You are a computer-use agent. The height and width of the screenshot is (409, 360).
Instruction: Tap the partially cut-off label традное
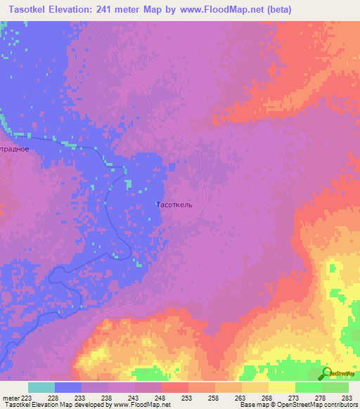[x=15, y=149]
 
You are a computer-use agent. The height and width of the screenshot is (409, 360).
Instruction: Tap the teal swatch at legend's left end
[x=41, y=387]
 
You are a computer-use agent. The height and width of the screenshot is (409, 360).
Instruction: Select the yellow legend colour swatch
[x=282, y=387]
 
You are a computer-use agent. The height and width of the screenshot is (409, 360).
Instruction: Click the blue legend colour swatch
[x=68, y=387]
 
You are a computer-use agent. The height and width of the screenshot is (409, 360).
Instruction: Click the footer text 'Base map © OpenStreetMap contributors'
[x=297, y=405]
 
